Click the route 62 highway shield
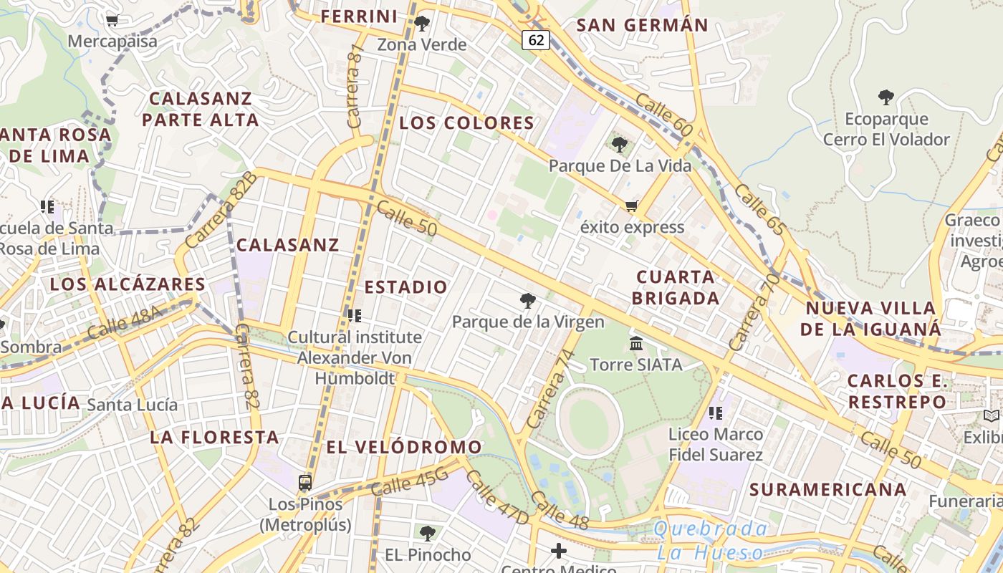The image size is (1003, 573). pos(536,40)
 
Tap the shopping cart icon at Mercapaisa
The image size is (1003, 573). pos(112,21)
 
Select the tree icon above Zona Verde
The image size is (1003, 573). pos(422,24)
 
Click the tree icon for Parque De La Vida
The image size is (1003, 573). pos(620,145)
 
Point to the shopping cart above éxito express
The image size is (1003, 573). pos(631,206)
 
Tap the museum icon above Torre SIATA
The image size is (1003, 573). pos(636,344)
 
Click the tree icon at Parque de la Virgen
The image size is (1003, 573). pos(528,301)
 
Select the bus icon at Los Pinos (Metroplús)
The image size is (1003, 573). pos(305,482)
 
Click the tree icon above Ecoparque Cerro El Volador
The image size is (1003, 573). pos(886,97)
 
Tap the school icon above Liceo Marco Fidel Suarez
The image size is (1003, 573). pos(715,413)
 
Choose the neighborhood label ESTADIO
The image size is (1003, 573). pos(406,287)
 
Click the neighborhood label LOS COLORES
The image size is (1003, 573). pos(466,122)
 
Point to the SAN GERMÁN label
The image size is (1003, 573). pos(642,25)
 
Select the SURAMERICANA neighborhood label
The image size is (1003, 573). pos(828,490)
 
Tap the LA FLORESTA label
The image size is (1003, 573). pos(215,437)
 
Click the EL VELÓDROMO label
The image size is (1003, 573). pos(404,448)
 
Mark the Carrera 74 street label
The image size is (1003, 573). pos(550,388)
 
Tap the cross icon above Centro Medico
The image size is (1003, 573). pos(559,551)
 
